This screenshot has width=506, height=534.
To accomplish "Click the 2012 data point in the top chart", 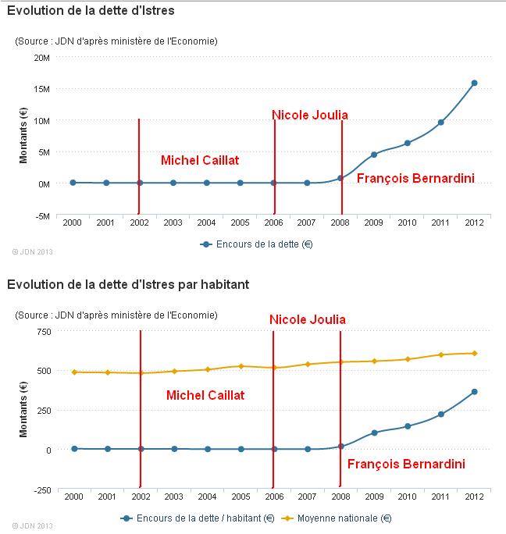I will pos(474,83).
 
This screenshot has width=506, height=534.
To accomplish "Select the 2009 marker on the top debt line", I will pos(374,155).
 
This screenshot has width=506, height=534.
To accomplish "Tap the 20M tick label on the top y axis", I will pos(41,58).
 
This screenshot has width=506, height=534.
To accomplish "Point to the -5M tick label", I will pos(41,215).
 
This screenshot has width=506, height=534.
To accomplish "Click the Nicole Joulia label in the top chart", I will pos(309,116).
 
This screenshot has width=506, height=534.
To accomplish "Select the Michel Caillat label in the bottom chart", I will pos(205,396).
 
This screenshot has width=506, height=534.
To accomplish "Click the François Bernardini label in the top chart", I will pos(415,178).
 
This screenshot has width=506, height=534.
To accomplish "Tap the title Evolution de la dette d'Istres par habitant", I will pos(128,284).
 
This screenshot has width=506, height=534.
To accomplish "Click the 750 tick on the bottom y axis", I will pos(43,332).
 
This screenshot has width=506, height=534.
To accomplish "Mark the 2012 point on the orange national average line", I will pos(474,353).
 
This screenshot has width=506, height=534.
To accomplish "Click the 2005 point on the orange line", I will pos(241,366).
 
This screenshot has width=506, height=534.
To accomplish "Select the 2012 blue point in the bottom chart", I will pos(474,392).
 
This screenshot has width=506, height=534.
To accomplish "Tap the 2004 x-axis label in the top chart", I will pos(206,223).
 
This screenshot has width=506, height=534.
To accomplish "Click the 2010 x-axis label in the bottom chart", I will pos(408,497).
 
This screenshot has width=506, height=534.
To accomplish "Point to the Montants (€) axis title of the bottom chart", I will pos(23,409).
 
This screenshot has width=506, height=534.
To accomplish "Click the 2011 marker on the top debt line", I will pos(440,123).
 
